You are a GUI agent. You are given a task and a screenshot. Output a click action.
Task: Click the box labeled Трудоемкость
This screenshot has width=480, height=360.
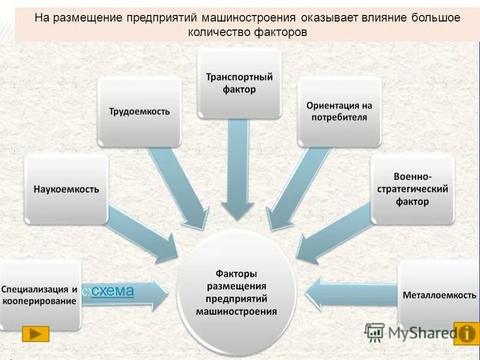tap(140, 112)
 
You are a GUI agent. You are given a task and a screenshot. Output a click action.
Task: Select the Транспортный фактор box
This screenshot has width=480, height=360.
tap(239, 83)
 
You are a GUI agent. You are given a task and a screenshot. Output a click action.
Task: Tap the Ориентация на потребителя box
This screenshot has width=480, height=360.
tap(339, 112)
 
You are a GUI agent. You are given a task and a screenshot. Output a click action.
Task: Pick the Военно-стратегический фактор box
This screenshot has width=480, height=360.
tap(412, 189)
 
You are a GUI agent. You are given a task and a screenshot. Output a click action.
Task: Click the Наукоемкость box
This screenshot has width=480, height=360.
tap(66, 189)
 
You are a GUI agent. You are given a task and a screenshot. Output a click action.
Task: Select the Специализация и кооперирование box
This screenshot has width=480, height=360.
tap(40, 296)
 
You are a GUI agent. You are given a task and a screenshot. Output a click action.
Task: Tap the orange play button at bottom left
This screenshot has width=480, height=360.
tap(35, 334)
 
